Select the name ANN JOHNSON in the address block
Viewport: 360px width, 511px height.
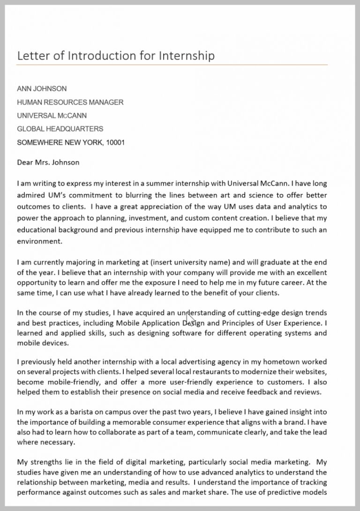42,89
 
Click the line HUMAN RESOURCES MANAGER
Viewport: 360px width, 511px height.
70,102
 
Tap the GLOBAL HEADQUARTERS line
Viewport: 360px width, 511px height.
60,129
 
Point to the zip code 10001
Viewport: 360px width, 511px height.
115,142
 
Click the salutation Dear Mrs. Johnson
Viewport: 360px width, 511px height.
48,163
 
